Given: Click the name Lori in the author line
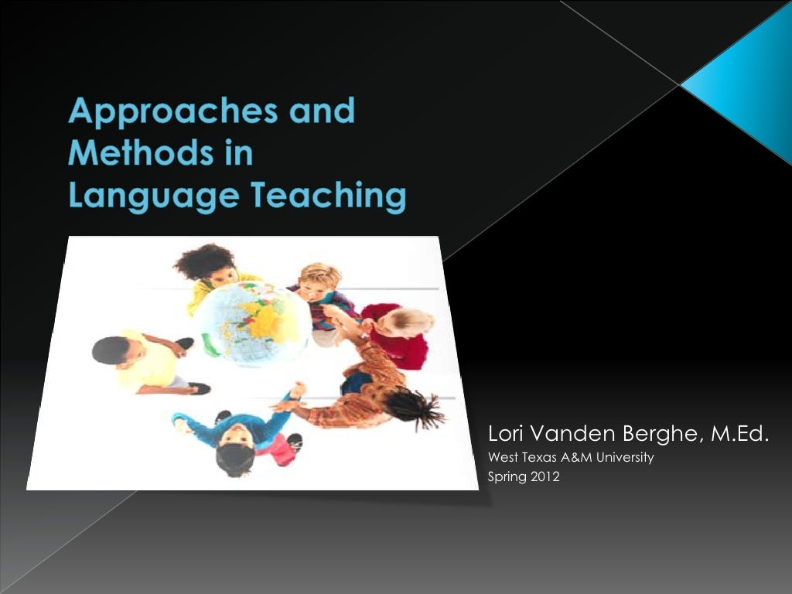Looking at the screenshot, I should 507,435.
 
